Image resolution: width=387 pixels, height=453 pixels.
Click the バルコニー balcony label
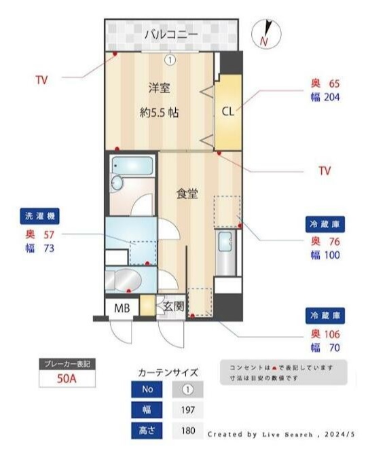click(x=170, y=33)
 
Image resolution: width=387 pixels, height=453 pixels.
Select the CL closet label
click(x=227, y=111)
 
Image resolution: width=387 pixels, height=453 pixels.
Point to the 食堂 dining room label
click(x=187, y=194)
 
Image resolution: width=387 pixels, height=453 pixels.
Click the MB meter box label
click(x=122, y=308)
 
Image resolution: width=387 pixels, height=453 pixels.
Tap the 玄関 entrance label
click(x=173, y=306)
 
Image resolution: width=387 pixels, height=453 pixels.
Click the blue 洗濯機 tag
click(x=39, y=217)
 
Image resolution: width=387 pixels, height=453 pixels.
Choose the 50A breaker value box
click(x=67, y=379)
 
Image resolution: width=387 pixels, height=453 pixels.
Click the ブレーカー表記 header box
click(x=67, y=364)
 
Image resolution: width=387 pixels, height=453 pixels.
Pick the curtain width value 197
click(x=188, y=410)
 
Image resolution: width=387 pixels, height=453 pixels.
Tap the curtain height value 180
click(x=188, y=430)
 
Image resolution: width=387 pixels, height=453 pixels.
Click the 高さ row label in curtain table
click(x=148, y=430)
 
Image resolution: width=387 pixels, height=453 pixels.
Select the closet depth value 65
click(x=334, y=84)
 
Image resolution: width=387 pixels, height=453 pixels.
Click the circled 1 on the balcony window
click(x=170, y=59)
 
